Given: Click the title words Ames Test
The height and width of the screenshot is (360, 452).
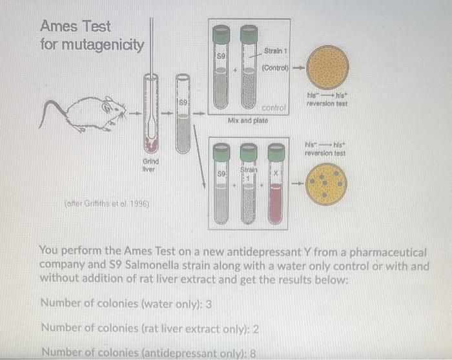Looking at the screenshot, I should tap(75, 26).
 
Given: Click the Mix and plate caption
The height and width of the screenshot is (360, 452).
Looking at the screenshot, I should tap(249, 120).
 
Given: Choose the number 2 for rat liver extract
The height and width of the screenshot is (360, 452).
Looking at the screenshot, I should tap(256, 328).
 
